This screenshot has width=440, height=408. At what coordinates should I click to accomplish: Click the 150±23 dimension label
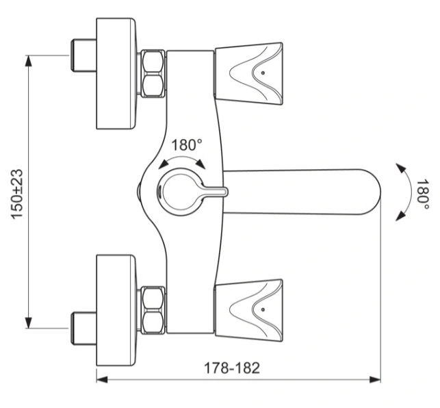coord(16,194)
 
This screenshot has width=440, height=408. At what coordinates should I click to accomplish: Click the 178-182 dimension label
coord(232,368)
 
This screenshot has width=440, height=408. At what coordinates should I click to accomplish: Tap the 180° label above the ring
coord(187,145)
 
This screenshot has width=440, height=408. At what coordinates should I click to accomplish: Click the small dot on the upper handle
coord(263,73)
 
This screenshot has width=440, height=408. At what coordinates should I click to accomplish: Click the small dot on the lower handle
coord(263,309)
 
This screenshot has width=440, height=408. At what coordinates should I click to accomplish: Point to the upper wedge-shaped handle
coord(248,73)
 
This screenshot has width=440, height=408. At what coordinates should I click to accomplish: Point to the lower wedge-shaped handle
coord(248,310)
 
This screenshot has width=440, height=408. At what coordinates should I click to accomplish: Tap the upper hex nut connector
coord(153,74)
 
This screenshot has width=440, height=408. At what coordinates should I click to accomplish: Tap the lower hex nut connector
coord(153,310)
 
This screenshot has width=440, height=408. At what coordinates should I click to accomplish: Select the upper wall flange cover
coord(116,74)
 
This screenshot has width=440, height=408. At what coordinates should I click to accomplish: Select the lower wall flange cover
coord(116,310)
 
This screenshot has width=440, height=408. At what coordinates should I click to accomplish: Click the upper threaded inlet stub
coord(83,55)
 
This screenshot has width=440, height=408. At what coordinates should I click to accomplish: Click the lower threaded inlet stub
coord(83,328)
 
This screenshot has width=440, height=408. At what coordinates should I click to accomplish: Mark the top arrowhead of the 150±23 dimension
coord(28,61)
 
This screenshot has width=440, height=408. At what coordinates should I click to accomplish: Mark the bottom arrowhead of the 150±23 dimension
coord(28,322)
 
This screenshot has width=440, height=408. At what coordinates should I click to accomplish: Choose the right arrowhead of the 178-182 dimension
coord(375,380)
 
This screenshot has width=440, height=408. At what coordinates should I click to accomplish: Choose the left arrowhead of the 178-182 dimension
coord(102,380)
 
